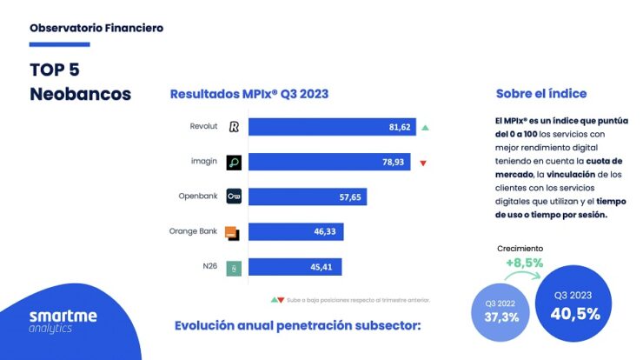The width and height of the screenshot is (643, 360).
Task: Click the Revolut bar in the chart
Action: (x=332, y=127)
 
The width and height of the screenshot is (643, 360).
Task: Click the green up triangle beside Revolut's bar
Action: (x=425, y=128)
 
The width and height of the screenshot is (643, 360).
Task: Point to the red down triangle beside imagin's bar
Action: (x=422, y=163)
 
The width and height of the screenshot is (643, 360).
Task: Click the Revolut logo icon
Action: (x=234, y=127)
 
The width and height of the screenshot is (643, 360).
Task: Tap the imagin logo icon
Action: (x=234, y=162)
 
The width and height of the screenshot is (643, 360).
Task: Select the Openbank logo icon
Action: (x=234, y=197)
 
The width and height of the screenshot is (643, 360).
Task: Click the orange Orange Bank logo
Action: (x=233, y=232)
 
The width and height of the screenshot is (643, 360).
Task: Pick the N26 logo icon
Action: (x=234, y=267)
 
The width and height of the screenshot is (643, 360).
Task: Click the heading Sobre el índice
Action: (x=540, y=93)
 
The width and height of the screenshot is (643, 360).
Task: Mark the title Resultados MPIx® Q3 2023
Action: (x=249, y=93)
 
